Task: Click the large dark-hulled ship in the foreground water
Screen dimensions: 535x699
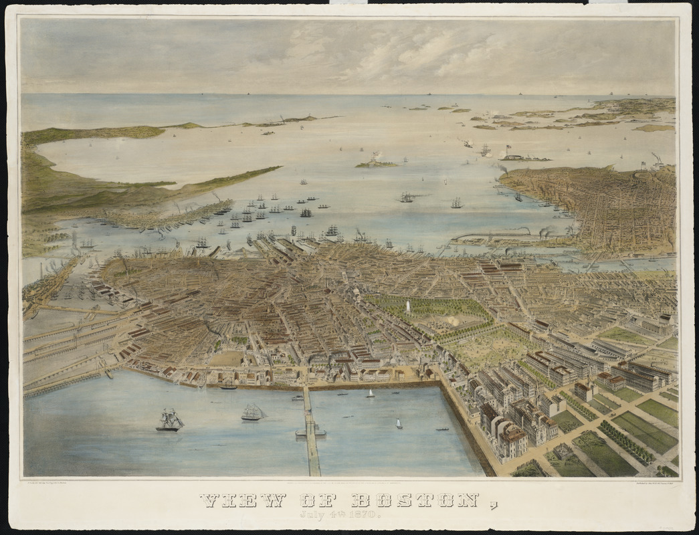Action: [x=170, y=421]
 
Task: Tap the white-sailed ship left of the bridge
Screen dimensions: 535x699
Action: [x=252, y=413]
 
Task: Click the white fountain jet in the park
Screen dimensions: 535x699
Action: [x=407, y=307]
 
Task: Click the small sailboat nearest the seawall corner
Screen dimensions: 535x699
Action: [x=399, y=423]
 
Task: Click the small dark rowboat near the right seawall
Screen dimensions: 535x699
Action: [x=441, y=429]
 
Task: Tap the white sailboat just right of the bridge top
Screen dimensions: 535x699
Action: [x=369, y=393]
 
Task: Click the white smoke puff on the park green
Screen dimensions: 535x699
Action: [x=454, y=321]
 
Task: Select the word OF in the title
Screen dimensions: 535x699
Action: [x=317, y=500]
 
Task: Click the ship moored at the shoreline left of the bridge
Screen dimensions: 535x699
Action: [x=228, y=387]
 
